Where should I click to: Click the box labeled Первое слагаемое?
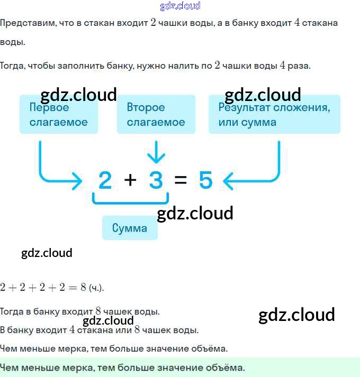(59, 114)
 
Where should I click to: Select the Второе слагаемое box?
(156, 114)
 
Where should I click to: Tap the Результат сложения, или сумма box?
(274, 114)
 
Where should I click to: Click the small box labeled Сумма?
(130, 228)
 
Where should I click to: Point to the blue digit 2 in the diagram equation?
(105, 180)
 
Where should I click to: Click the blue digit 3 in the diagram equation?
(156, 180)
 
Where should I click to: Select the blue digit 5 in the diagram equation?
(206, 180)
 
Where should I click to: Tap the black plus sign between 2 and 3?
(130, 180)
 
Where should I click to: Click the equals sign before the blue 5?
(181, 180)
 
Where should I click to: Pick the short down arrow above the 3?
(156, 152)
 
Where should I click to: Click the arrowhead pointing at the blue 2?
(77, 181)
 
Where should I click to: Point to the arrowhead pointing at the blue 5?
(228, 181)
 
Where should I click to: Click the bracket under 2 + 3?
(131, 203)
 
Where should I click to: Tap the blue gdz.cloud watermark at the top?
(180, 6)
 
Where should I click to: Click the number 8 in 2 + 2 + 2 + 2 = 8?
(83, 287)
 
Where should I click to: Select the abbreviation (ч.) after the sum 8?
(96, 288)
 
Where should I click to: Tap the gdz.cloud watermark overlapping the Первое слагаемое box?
(78, 95)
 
